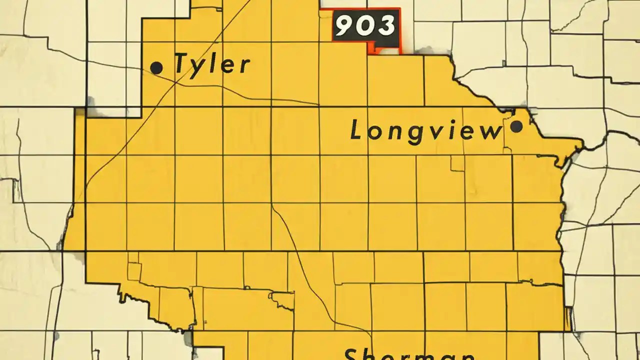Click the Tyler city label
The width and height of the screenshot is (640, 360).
tap(212, 64)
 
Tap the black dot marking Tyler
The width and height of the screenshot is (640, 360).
tap(156, 67)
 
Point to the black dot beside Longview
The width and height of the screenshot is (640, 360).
tap(516, 126)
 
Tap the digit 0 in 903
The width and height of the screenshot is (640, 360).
tap(365, 26)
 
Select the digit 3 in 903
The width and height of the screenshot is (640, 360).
tap(386, 26)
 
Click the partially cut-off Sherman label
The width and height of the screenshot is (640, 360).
tap(409, 354)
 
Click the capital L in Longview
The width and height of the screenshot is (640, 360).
tap(356, 131)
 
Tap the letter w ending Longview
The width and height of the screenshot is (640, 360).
tap(491, 132)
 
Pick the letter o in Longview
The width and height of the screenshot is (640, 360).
tap(374, 132)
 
